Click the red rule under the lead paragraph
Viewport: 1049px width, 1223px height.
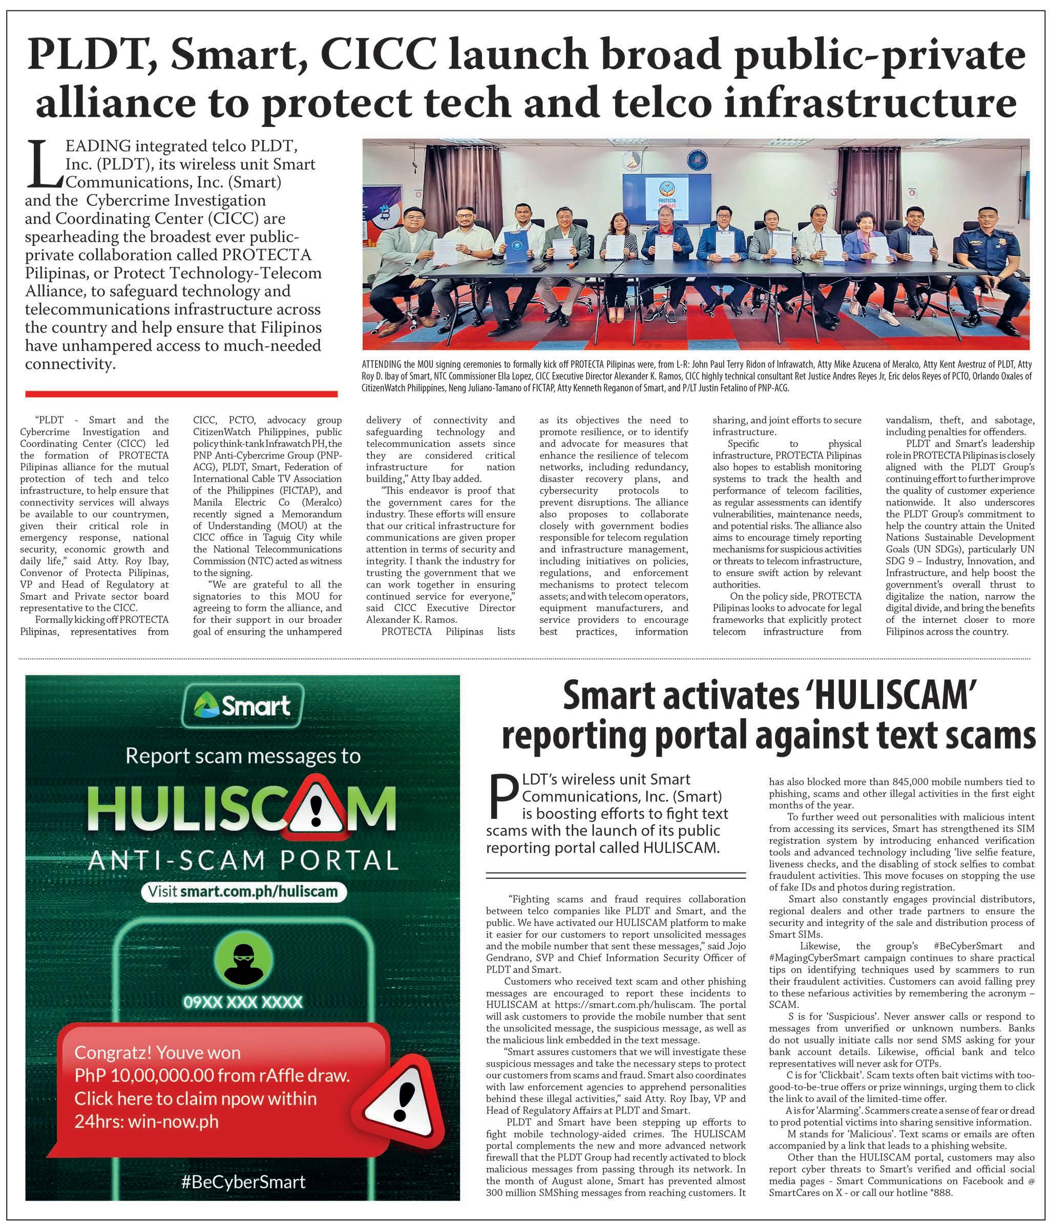pos(181,393)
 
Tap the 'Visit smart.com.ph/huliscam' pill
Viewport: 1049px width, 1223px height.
pos(242,890)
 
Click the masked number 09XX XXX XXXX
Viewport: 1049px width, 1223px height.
pos(242,1002)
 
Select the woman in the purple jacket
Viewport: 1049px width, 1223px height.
pos(866,248)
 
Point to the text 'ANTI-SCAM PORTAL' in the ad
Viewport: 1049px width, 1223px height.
pos(242,861)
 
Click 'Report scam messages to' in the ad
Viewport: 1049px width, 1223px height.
pos(242,756)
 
